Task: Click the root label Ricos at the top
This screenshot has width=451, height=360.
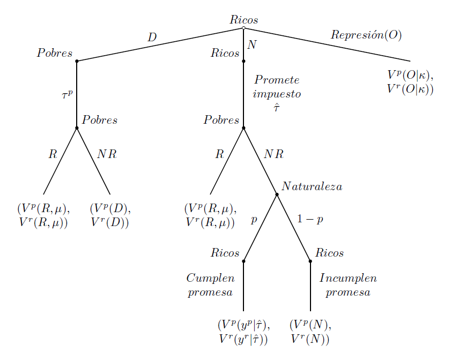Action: (243, 20)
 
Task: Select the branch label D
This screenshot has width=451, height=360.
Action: (152, 37)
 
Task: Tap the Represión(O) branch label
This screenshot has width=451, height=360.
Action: (366, 35)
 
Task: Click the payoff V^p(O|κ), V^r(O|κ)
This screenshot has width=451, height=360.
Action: (410, 82)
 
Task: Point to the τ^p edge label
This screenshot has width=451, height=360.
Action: (67, 95)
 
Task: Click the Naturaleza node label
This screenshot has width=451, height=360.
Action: (312, 186)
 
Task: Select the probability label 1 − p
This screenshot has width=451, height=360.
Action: (310, 220)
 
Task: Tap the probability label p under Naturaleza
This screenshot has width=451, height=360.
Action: (254, 220)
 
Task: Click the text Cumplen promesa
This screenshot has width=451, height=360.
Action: (210, 286)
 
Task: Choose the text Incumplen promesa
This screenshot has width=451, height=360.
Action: (348, 286)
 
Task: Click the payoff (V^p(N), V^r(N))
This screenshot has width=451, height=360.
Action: (310, 332)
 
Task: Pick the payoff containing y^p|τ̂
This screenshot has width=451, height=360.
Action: (243, 332)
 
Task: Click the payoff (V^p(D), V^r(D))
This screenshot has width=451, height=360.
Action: (110, 215)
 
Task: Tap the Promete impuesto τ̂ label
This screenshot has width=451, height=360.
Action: (277, 94)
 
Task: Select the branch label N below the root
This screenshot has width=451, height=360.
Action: (252, 45)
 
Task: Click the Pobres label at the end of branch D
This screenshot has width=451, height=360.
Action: (55, 53)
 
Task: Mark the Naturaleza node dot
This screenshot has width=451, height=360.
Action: (277, 194)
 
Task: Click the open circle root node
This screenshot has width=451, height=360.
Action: (243, 28)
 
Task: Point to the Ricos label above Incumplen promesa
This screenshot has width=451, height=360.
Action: (329, 253)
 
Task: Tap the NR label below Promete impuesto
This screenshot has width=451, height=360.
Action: (273, 154)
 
